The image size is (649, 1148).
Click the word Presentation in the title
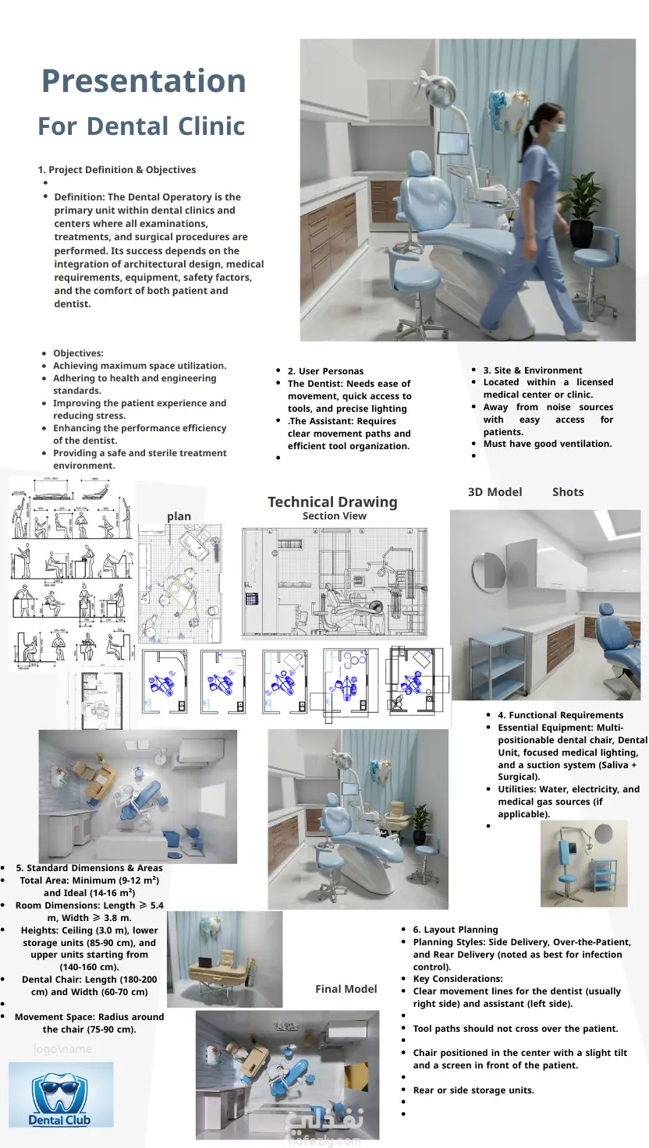(x=144, y=81)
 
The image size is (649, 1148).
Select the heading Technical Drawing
(x=332, y=501)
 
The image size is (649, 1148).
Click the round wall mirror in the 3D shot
(x=493, y=563)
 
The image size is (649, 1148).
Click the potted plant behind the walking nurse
(x=583, y=207)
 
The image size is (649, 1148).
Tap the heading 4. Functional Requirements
(x=560, y=715)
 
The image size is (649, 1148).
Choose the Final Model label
(x=346, y=989)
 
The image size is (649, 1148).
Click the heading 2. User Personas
(x=325, y=371)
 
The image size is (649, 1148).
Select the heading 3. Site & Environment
(x=532, y=370)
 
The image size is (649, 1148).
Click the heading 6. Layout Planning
(x=455, y=930)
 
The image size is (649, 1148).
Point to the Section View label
(x=334, y=516)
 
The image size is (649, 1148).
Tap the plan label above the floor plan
(x=179, y=516)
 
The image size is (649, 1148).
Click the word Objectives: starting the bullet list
(x=78, y=353)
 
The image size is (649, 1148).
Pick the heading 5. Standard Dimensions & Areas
(x=89, y=868)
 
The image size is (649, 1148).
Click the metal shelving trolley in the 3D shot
(x=497, y=662)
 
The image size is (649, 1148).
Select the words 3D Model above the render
(x=495, y=492)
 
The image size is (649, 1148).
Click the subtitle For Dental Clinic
(x=141, y=126)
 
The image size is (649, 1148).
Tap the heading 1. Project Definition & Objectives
(x=117, y=170)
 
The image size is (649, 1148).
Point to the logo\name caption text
(x=62, y=1049)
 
